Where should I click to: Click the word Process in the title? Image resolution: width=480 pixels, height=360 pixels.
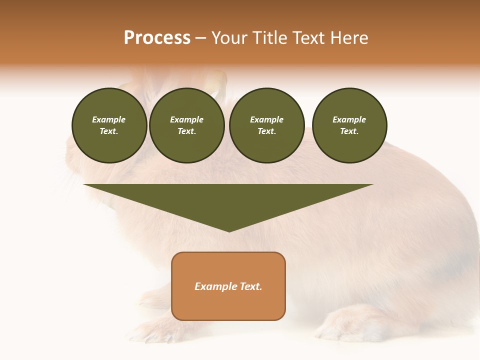(x=157, y=38)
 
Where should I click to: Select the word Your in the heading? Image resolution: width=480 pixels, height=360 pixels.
(x=229, y=38)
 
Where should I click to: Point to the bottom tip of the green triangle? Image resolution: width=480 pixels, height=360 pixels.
(x=229, y=231)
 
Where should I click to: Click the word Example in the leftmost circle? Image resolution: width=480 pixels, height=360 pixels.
(x=109, y=119)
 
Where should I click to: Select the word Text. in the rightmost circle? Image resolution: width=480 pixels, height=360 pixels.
(x=349, y=131)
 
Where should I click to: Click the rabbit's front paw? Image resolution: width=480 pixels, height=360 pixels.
(x=150, y=330)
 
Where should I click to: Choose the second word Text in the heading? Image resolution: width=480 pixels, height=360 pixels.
(x=309, y=38)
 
